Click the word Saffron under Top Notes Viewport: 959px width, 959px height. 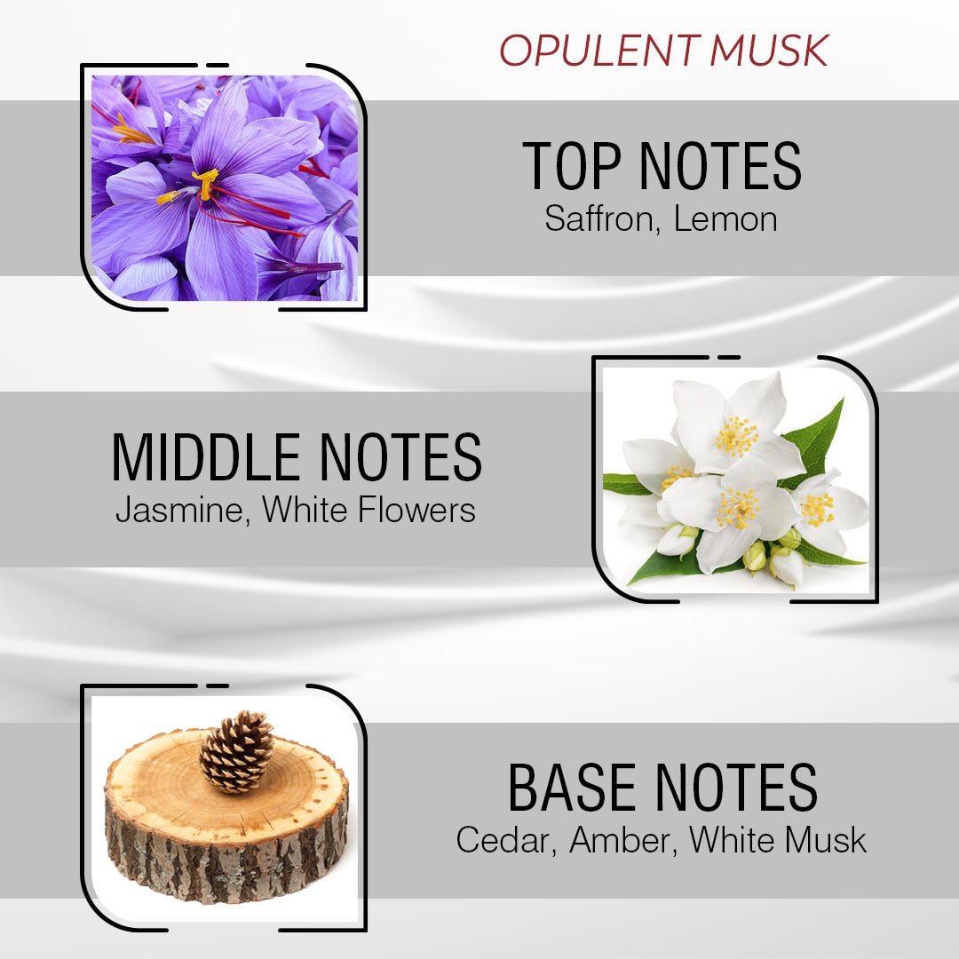click(x=601, y=218)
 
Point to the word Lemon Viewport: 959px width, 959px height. click(x=725, y=218)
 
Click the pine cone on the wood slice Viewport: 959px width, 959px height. click(x=235, y=750)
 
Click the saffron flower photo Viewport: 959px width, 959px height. click(x=224, y=187)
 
